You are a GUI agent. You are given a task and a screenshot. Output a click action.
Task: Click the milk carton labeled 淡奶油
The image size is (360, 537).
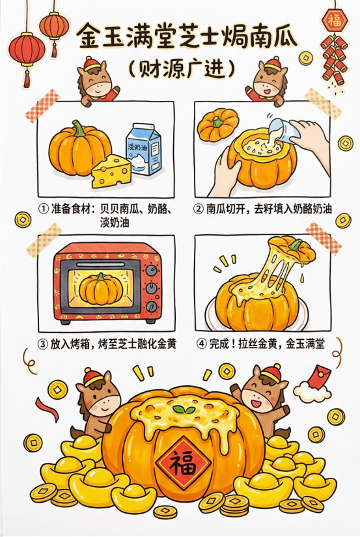143,148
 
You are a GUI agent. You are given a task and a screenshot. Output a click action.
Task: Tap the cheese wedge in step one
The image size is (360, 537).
111,171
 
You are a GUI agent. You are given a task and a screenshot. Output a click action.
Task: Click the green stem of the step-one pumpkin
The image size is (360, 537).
79,128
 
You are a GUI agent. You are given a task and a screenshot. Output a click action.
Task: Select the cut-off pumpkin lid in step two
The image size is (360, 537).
218,125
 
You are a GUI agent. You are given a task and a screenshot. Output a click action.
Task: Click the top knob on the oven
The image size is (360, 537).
152,271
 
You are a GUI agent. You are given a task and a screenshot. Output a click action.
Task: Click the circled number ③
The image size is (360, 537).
43,344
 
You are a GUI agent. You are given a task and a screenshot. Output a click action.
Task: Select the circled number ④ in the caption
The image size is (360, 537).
202,344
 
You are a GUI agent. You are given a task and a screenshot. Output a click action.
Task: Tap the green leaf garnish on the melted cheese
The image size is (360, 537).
181,409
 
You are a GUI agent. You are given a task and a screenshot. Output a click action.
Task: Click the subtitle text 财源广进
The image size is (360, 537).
182,70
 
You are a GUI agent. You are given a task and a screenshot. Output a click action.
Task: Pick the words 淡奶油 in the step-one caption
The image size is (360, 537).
115,223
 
